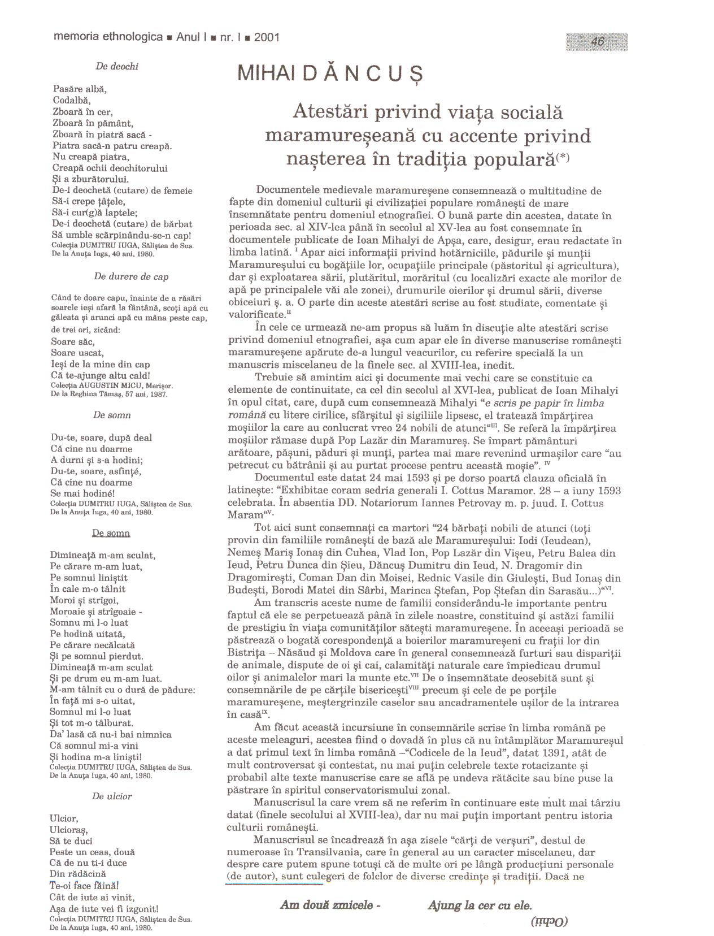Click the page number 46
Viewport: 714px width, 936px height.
[x=597, y=42]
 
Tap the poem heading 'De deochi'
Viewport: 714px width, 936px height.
[x=117, y=66]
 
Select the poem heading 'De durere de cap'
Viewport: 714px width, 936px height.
[x=131, y=276]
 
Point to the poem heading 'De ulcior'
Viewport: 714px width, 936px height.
[x=112, y=796]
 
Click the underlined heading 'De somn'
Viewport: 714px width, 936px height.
[x=111, y=533]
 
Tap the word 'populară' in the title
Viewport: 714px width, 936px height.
[x=514, y=159]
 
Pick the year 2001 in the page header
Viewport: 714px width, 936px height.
[x=267, y=37]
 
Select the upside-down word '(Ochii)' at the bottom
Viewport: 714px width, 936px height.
[x=548, y=921]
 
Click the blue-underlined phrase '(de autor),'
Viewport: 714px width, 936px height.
[x=252, y=877]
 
